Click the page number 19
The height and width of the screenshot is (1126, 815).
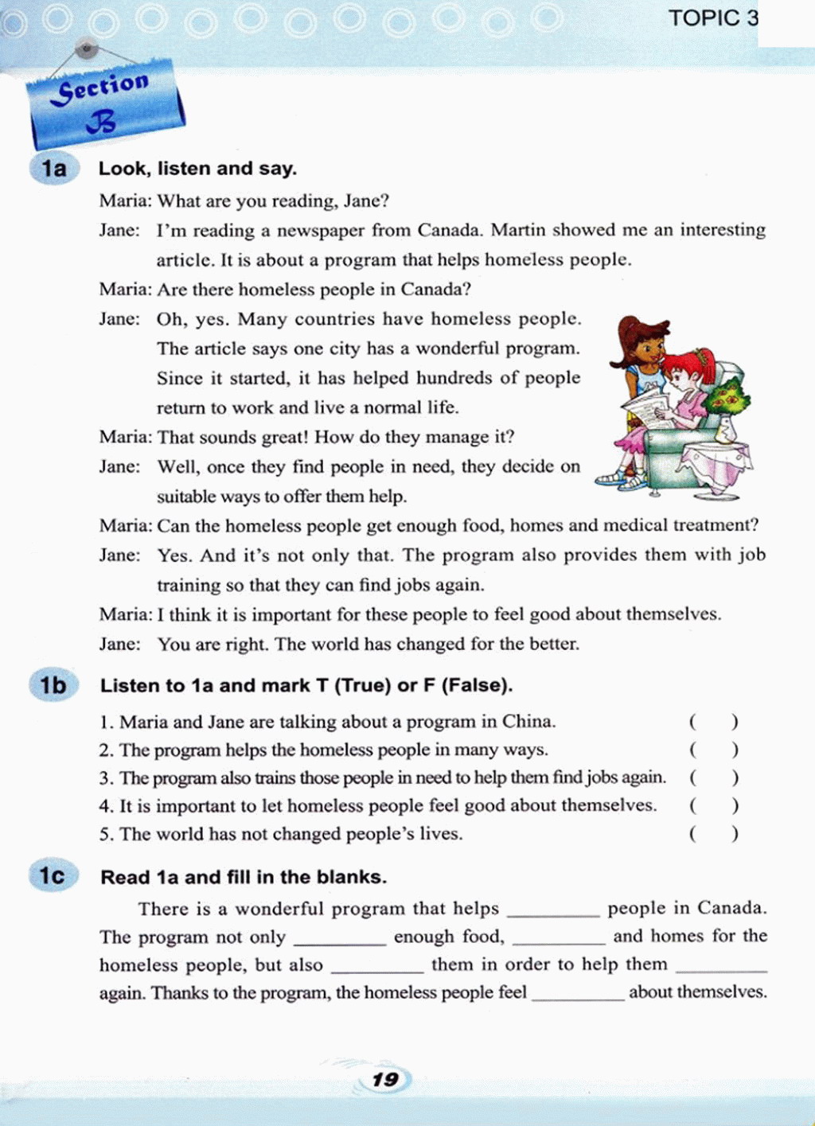(x=385, y=1080)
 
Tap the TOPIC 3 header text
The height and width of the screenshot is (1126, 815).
(x=713, y=18)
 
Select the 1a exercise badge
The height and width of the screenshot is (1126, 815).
(x=54, y=169)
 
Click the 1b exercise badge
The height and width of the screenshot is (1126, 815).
(x=53, y=685)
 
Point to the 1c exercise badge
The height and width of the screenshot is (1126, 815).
(x=53, y=876)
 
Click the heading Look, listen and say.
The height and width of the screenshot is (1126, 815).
(x=197, y=169)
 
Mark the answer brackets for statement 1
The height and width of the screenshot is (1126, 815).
(x=713, y=722)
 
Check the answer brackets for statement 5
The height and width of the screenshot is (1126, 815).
(x=713, y=834)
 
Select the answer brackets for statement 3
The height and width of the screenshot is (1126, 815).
(x=713, y=777)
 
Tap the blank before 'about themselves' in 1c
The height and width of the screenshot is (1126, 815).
(x=578, y=995)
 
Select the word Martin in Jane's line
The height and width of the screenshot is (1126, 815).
(x=518, y=230)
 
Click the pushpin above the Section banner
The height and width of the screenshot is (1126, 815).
(x=87, y=50)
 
